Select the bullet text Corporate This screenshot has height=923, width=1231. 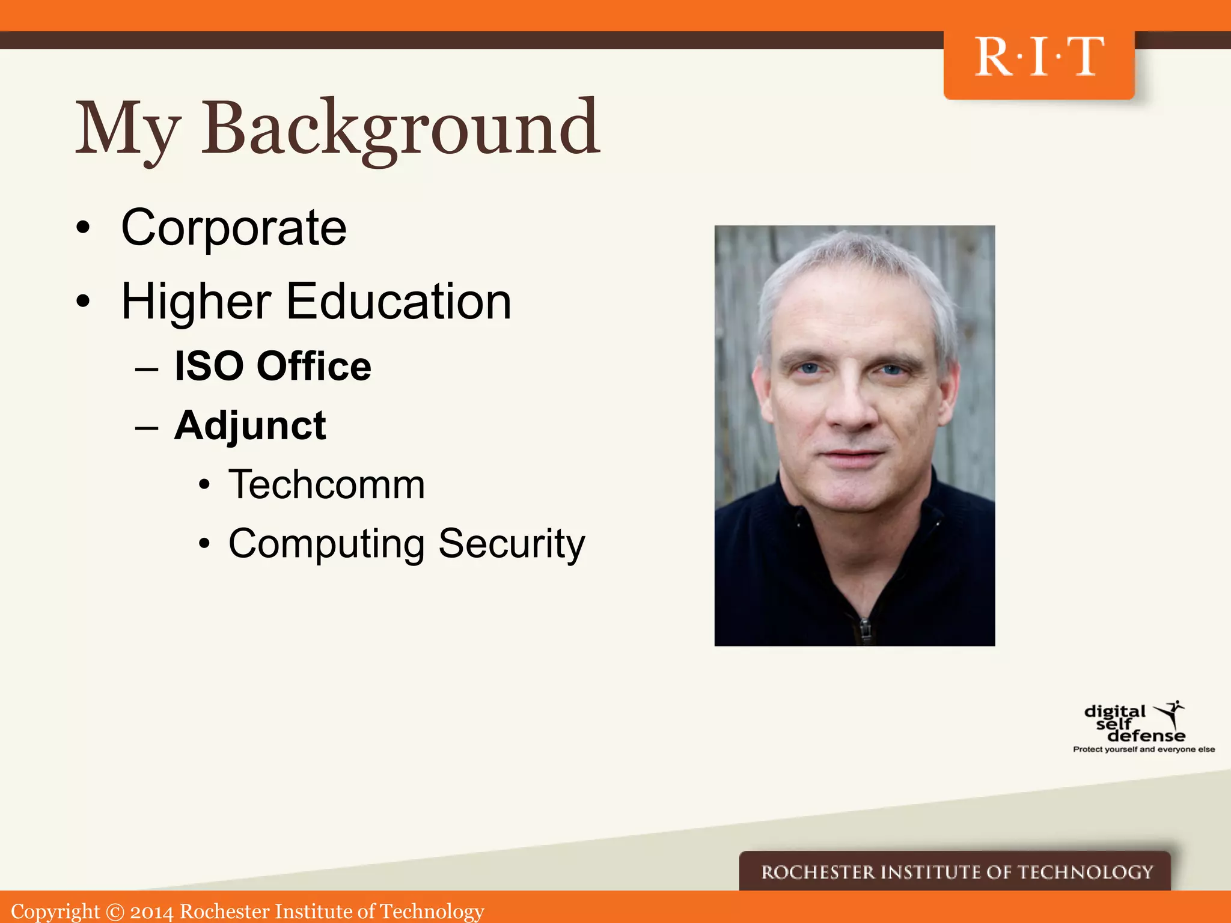[x=234, y=228]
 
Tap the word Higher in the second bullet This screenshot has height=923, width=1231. [x=196, y=302]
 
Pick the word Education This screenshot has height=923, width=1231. [x=399, y=302]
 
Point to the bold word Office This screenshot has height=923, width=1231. [x=314, y=366]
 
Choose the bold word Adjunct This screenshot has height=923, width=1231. [x=250, y=426]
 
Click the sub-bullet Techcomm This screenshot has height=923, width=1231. [x=326, y=484]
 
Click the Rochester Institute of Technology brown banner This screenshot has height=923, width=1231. [x=956, y=872]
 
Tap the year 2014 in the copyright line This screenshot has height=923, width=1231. [x=151, y=912]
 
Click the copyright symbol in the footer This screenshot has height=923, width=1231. [x=114, y=912]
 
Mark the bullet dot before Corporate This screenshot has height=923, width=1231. [x=83, y=228]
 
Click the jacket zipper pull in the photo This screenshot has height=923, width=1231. [x=864, y=629]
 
